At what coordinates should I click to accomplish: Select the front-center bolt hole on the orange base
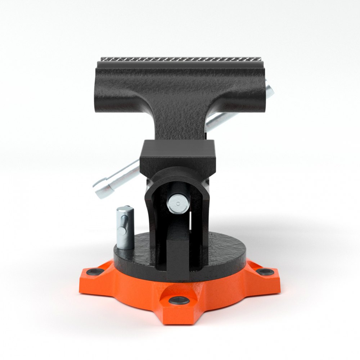(x=179, y=301)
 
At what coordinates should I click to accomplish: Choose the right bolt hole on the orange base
(x=266, y=271)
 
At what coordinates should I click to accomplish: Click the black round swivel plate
(x=223, y=252)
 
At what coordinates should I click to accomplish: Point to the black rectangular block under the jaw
(x=177, y=153)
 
